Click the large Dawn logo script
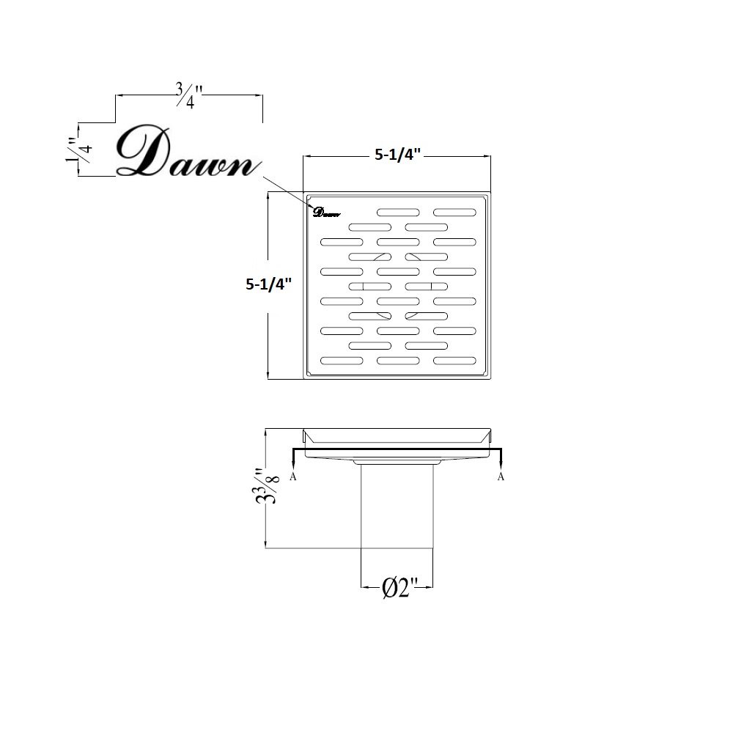(187, 152)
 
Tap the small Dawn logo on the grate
(327, 213)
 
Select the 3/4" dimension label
(189, 95)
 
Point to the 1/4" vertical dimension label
(78, 150)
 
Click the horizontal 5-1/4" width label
(397, 155)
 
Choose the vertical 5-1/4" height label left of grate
(269, 284)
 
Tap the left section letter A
(293, 476)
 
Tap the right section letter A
(501, 476)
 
